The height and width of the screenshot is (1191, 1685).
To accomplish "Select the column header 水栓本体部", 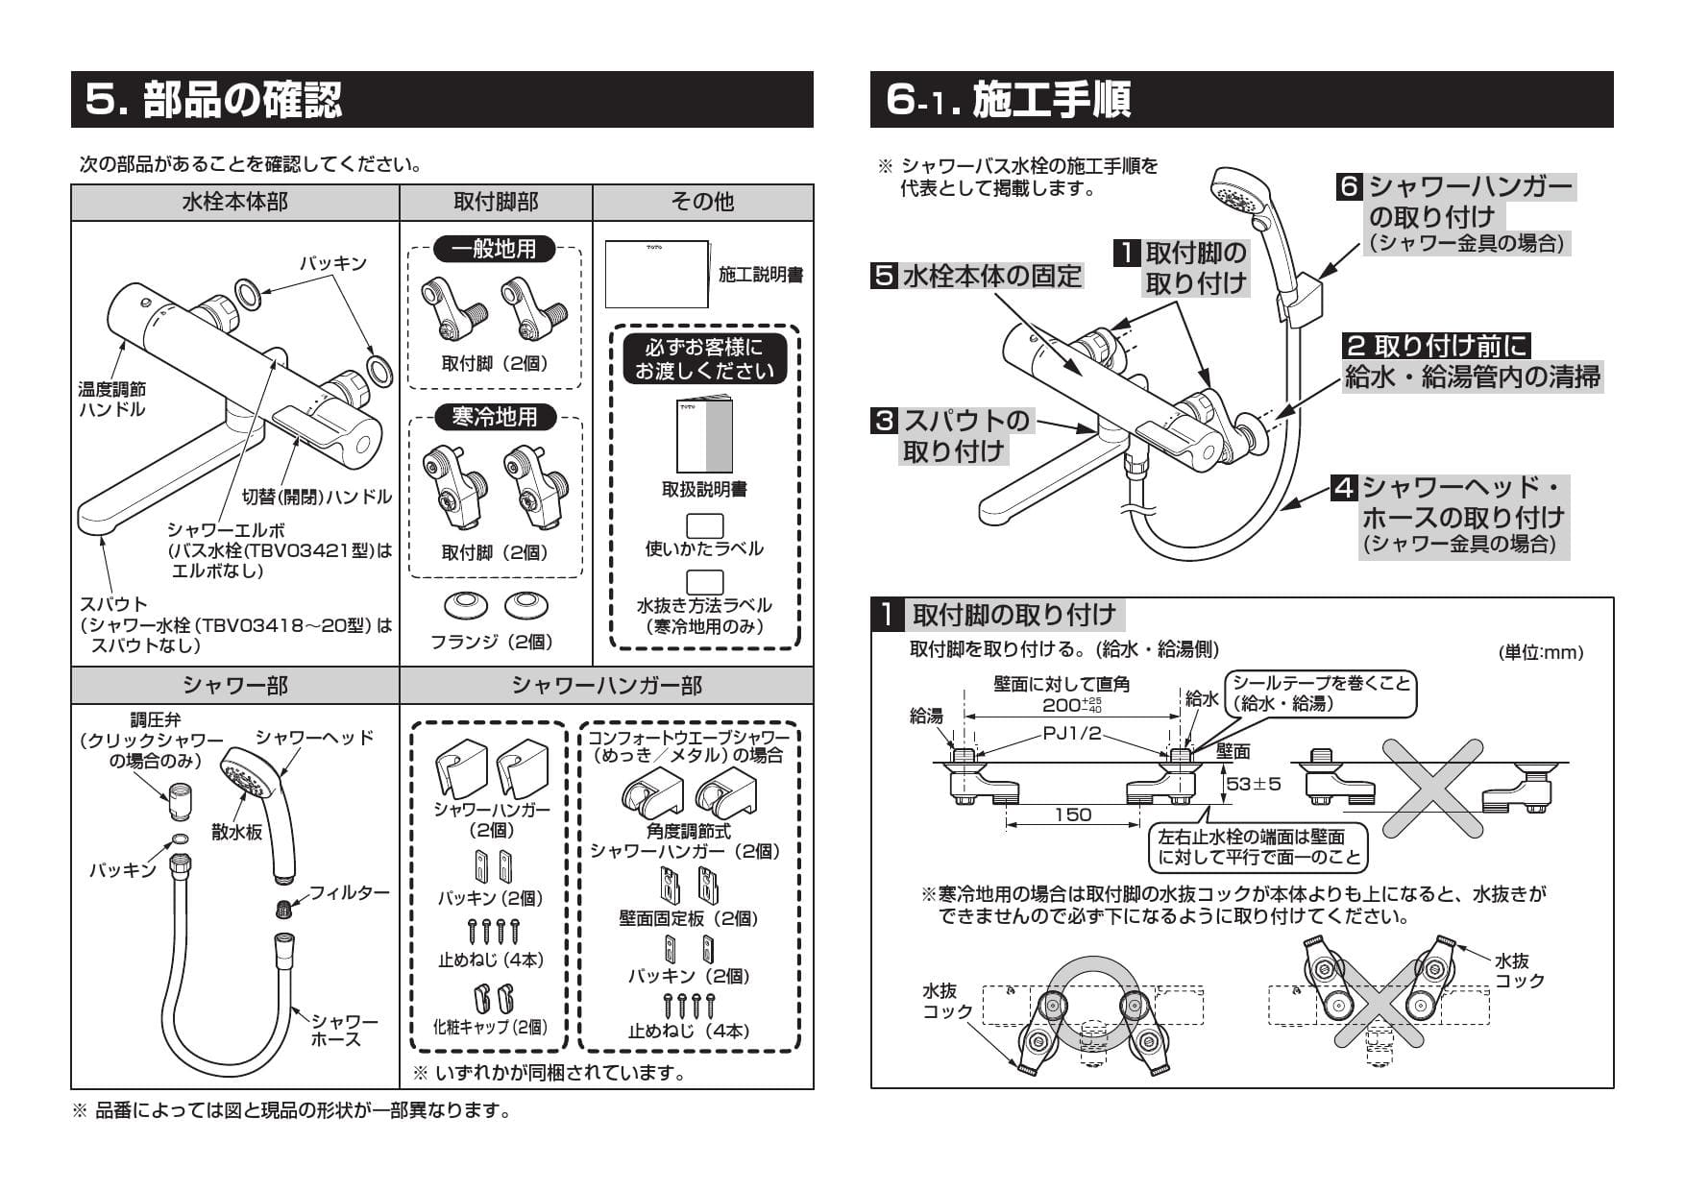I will point(234,202).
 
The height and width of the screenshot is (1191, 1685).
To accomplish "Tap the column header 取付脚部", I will point(496,202).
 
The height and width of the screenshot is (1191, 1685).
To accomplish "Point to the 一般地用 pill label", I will point(495,249).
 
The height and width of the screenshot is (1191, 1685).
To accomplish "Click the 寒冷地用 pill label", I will point(495,417).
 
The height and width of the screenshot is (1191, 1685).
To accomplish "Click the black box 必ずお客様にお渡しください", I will point(704,358).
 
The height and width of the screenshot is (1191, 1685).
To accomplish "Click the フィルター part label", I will point(350,892).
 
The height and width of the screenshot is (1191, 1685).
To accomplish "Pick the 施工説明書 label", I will point(761,276).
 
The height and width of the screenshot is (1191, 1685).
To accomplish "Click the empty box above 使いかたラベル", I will point(704,525).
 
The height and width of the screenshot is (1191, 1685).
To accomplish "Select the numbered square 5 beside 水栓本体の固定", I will point(882,276).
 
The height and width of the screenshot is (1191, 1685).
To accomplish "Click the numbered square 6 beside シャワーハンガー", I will point(1350,186).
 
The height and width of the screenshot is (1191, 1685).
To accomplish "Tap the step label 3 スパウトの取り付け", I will point(951,435).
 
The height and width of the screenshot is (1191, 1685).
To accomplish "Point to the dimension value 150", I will point(1072,814).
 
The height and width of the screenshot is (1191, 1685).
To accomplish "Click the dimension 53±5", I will point(1254,784).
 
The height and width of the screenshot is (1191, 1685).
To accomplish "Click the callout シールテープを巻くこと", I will point(1321,693).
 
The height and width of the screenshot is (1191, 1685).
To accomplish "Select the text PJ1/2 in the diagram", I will point(1072,734).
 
